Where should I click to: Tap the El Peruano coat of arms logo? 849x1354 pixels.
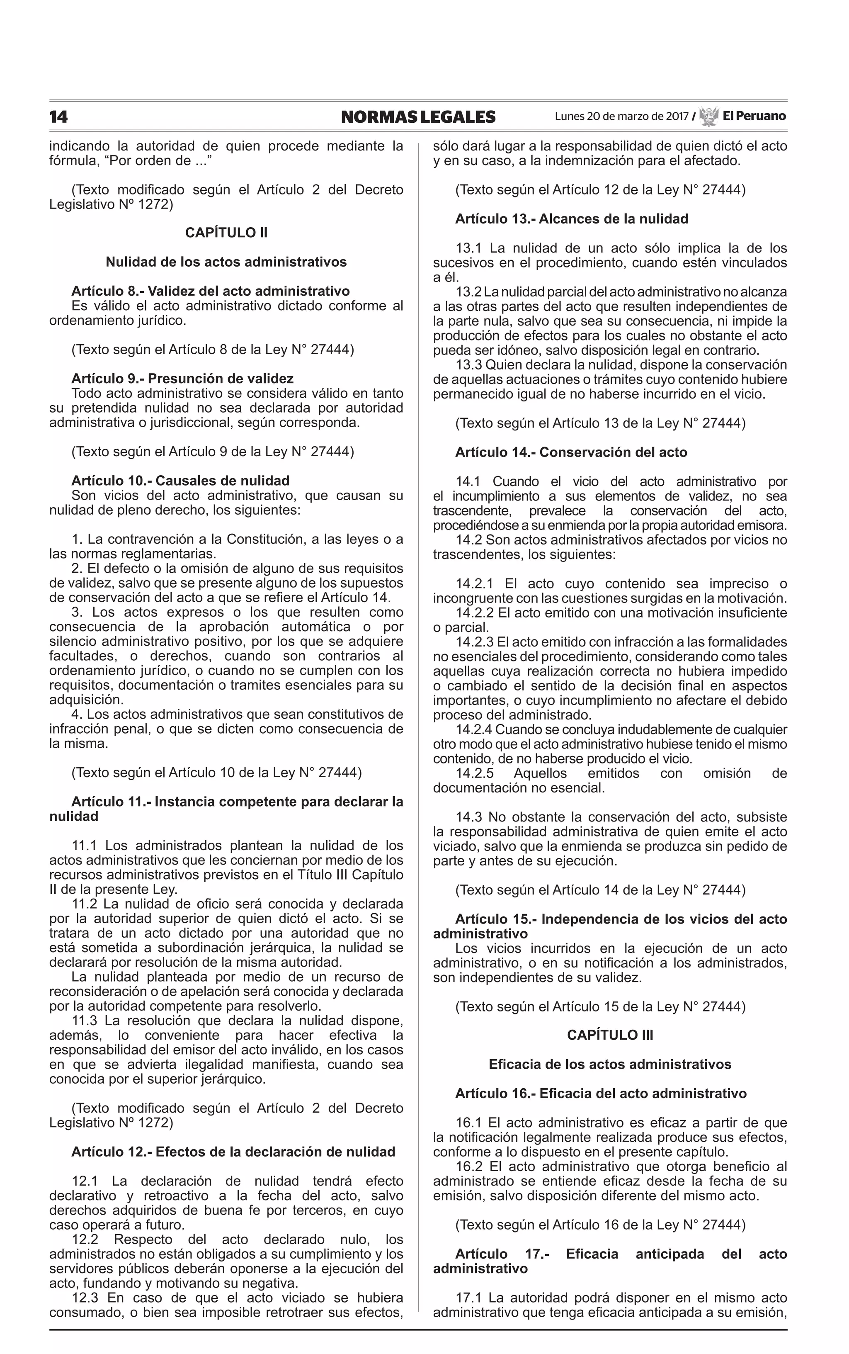(x=708, y=116)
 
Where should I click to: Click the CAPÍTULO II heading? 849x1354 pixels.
(x=226, y=233)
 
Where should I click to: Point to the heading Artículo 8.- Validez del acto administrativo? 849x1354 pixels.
(x=211, y=291)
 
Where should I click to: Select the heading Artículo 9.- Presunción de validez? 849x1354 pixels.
(x=182, y=379)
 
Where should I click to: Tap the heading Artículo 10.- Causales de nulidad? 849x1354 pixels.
(x=180, y=481)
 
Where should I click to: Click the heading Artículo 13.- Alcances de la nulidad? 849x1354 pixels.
(x=572, y=219)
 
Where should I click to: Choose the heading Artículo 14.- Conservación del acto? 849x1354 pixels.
(x=571, y=452)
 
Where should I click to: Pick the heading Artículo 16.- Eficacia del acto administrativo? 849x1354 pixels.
(x=601, y=1094)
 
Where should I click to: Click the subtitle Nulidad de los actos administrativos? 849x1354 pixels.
(x=226, y=262)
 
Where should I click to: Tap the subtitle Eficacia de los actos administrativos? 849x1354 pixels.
(x=610, y=1064)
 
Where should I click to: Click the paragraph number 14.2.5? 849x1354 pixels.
(x=475, y=773)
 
